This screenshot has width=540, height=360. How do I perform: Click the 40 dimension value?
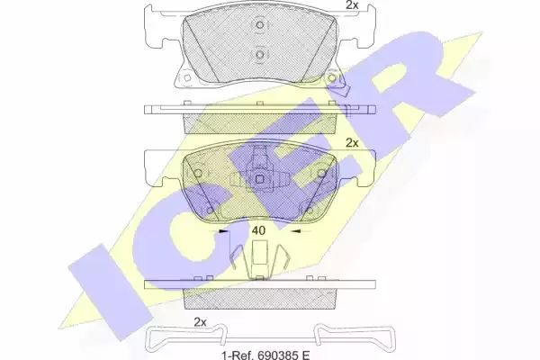coord(258,230)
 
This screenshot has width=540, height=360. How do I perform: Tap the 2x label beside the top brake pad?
coord(352,5)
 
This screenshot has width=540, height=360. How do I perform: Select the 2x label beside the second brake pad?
coord(352,143)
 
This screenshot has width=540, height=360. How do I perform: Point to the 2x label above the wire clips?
coord(200,322)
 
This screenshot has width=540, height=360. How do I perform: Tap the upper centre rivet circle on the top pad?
coord(260,25)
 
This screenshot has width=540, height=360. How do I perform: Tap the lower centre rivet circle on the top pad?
coord(260,55)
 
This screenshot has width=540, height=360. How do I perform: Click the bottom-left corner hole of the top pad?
coord(187,78)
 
